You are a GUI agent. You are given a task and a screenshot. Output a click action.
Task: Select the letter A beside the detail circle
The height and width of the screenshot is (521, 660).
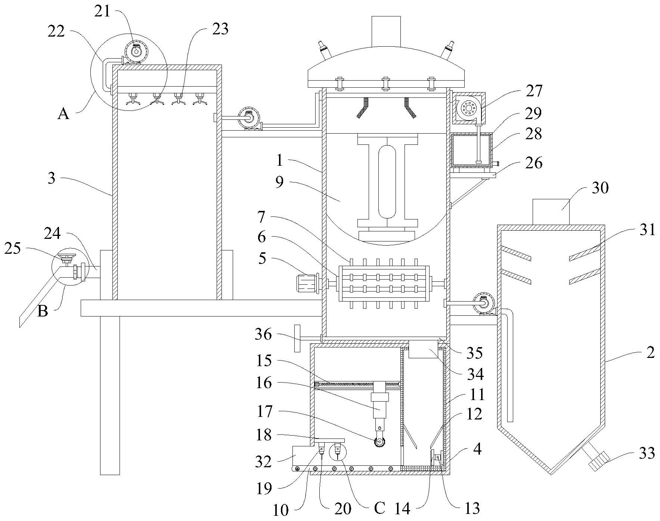63,113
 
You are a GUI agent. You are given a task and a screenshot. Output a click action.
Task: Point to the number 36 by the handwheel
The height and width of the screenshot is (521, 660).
263,334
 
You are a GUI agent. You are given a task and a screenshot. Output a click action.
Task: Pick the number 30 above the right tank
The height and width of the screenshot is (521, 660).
600,188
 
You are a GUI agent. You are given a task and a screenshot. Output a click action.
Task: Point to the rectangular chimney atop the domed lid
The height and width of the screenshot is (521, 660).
386,31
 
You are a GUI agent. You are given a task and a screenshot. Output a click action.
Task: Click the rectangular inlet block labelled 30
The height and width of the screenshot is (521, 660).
551,212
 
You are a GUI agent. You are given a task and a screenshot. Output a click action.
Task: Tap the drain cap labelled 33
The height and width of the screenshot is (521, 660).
597,461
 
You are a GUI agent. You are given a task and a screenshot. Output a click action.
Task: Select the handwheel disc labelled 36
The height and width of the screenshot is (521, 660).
297,338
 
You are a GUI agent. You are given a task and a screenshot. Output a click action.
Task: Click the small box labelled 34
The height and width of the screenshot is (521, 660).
423,349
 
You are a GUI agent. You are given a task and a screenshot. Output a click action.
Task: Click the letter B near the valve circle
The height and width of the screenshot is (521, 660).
43,311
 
